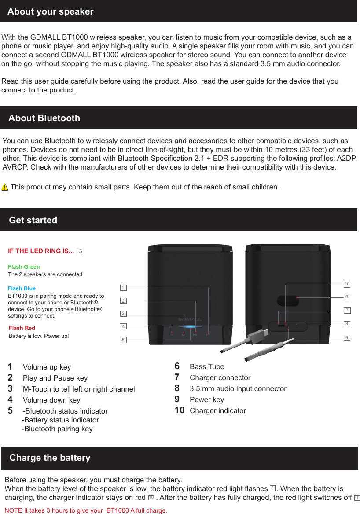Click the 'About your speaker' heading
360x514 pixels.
(x=50, y=11)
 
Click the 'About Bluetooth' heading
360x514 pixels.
(x=44, y=118)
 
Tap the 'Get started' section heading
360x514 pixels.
(x=33, y=220)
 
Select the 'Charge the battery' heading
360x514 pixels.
(x=50, y=458)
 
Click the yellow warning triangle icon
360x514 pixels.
(x=5, y=187)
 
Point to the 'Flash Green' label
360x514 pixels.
(x=24, y=267)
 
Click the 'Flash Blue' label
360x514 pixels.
(x=22, y=288)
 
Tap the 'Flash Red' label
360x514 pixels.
(x=22, y=328)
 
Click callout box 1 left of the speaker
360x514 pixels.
(x=123, y=288)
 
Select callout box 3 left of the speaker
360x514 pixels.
(x=123, y=314)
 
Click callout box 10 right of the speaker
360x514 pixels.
(x=347, y=284)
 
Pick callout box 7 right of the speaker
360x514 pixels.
(x=347, y=311)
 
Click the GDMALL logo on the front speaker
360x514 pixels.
(x=190, y=319)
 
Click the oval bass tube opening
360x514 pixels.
(x=288, y=300)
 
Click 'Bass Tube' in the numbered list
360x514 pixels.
(x=207, y=367)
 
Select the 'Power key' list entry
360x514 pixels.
(x=206, y=400)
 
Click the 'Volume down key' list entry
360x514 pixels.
(x=51, y=400)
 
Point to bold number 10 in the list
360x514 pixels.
(x=180, y=410)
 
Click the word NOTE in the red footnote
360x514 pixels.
(x=13, y=510)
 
